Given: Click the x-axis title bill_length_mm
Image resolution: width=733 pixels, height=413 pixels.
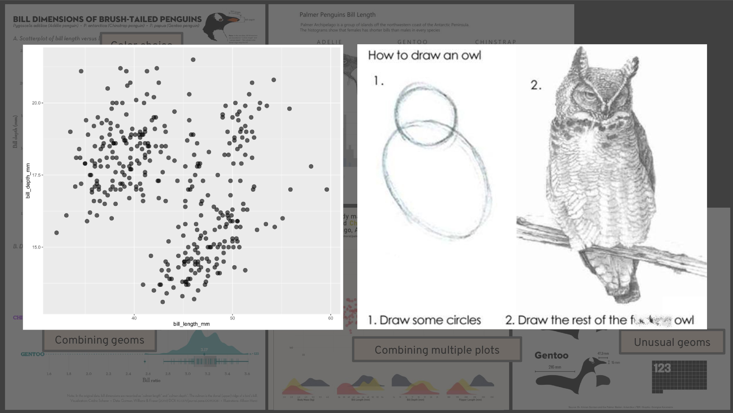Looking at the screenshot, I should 191,324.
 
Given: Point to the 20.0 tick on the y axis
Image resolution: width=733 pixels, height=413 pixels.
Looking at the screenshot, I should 36,103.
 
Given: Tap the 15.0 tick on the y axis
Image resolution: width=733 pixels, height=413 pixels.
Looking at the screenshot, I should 36,247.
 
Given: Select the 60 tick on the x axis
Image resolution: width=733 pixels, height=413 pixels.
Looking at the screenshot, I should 330,318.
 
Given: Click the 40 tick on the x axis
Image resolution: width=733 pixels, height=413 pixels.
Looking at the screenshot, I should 134,318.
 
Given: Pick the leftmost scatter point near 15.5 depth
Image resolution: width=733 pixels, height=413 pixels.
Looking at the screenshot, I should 56,233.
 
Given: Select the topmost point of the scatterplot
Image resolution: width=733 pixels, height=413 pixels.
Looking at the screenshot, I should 193,60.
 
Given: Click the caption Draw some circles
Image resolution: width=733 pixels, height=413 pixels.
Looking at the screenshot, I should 430,320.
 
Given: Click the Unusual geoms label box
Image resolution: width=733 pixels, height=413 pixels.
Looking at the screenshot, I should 672,342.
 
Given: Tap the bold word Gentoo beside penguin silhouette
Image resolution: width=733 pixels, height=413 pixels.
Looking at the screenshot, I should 551,356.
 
